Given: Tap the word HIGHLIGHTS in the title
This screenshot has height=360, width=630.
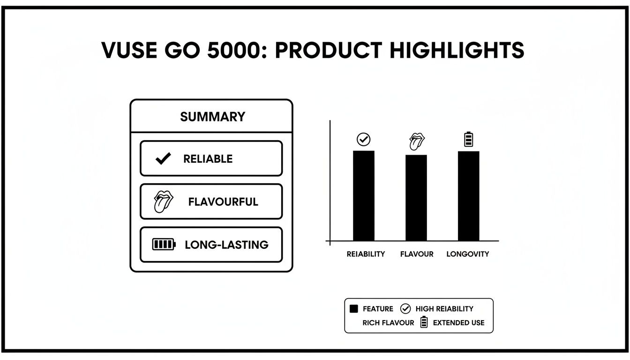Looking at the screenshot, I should [x=457, y=50].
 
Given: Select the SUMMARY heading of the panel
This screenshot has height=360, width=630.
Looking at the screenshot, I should [x=212, y=117].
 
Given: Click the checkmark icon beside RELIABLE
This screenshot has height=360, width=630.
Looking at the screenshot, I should [x=163, y=159].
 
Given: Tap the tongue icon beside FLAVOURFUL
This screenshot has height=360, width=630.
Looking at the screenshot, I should [x=163, y=202].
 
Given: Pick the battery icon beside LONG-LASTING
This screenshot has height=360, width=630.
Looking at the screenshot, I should [x=164, y=244].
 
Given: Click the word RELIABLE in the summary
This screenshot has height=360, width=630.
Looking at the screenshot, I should [x=208, y=159].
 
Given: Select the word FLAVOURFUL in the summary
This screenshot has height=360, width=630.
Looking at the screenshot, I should [x=223, y=202].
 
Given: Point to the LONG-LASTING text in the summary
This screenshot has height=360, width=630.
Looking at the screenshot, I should [x=226, y=245].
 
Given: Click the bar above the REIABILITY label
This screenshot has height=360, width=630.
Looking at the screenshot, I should [x=363, y=195].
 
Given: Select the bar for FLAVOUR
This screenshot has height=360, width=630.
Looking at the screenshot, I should [x=416, y=197].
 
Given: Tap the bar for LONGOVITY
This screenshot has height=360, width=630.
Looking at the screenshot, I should [x=468, y=195].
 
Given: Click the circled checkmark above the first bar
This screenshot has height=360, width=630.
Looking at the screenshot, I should [x=363, y=139].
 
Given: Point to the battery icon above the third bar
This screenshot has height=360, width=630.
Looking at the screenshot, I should [x=468, y=139].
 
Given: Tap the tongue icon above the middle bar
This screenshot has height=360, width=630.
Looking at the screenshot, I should [x=416, y=141].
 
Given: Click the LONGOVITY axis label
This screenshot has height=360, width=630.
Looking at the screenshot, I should [x=467, y=254].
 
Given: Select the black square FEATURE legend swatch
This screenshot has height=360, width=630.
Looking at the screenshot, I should [x=354, y=309].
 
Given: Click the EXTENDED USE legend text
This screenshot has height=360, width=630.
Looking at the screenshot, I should [x=458, y=323].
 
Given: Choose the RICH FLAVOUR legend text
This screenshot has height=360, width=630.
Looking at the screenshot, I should [x=388, y=323].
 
